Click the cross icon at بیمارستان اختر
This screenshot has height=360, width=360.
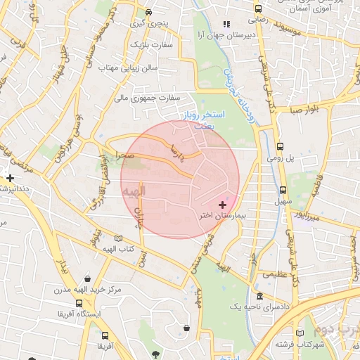point(223,205)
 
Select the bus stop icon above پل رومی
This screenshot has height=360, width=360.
point(281,147)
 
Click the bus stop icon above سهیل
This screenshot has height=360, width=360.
point(283,190)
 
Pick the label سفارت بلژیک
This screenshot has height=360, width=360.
point(146,45)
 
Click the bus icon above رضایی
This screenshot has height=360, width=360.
point(259,9)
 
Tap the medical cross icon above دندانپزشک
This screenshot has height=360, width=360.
point(10,178)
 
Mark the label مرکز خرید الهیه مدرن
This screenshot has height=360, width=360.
point(87,289)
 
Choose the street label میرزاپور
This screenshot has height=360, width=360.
point(307,216)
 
